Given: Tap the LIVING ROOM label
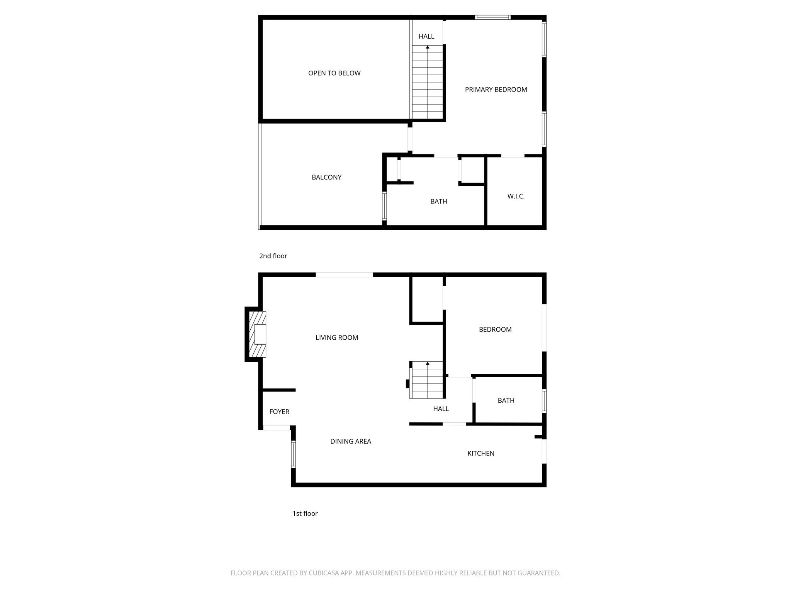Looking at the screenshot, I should (337, 338).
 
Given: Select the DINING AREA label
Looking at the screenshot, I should (350, 441).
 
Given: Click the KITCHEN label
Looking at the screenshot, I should (480, 453).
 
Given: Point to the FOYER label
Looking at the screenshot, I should (279, 412).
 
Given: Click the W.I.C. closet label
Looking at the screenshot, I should (516, 196).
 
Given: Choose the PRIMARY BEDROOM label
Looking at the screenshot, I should (496, 90).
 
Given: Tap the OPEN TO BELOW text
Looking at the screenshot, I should (334, 73).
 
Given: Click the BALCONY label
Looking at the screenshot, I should (326, 177).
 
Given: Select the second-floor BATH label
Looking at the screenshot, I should (438, 201).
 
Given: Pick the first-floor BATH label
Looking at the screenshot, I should (506, 400).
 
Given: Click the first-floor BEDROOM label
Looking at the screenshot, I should (495, 329).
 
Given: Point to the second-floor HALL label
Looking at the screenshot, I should (426, 36).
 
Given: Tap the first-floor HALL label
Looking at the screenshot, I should (441, 408).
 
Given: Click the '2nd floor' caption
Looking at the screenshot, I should (273, 256).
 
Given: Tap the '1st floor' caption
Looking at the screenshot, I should (305, 513).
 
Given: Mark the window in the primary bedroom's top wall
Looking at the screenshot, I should (492, 17).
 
